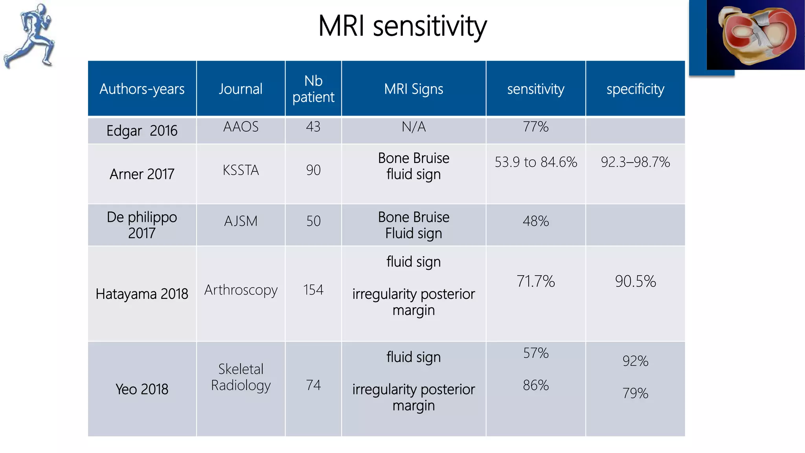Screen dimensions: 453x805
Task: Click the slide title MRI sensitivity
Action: click(x=402, y=26)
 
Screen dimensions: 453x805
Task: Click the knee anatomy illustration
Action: click(x=755, y=35)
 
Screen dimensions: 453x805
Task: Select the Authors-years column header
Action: click(x=142, y=89)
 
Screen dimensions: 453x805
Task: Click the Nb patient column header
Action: click(x=313, y=89)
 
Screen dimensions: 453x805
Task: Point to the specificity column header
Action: click(x=635, y=89)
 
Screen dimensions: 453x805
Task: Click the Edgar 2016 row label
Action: click(x=142, y=131)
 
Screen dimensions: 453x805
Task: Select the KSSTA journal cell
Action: click(x=241, y=170)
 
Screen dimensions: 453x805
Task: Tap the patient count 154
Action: click(x=313, y=290)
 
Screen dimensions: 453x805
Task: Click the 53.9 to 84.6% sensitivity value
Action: click(x=536, y=162)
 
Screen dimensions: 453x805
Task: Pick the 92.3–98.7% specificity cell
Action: click(x=635, y=162)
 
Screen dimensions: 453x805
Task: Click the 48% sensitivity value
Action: click(x=536, y=221)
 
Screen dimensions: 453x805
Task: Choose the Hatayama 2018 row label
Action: click(x=142, y=294)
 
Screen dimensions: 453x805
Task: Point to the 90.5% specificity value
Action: click(x=635, y=281)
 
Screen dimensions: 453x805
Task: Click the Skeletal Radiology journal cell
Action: click(x=241, y=377)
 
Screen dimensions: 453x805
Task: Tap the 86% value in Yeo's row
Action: click(x=536, y=385)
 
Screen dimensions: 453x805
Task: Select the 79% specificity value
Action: click(x=635, y=393)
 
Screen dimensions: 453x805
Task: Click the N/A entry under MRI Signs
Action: click(x=414, y=127)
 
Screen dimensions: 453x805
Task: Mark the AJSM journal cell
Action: click(x=241, y=221)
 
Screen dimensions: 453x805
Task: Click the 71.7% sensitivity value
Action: click(x=536, y=281)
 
